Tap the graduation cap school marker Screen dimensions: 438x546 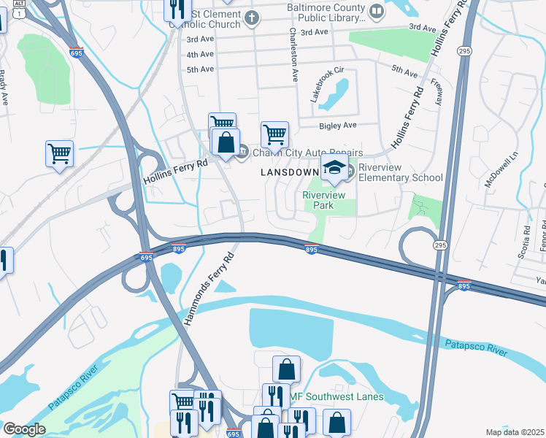[334, 167]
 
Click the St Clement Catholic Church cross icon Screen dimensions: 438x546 [252, 18]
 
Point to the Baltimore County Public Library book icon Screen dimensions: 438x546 [375, 11]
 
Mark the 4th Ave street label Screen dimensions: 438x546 [200, 55]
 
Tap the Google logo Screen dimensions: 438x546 [24, 429]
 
